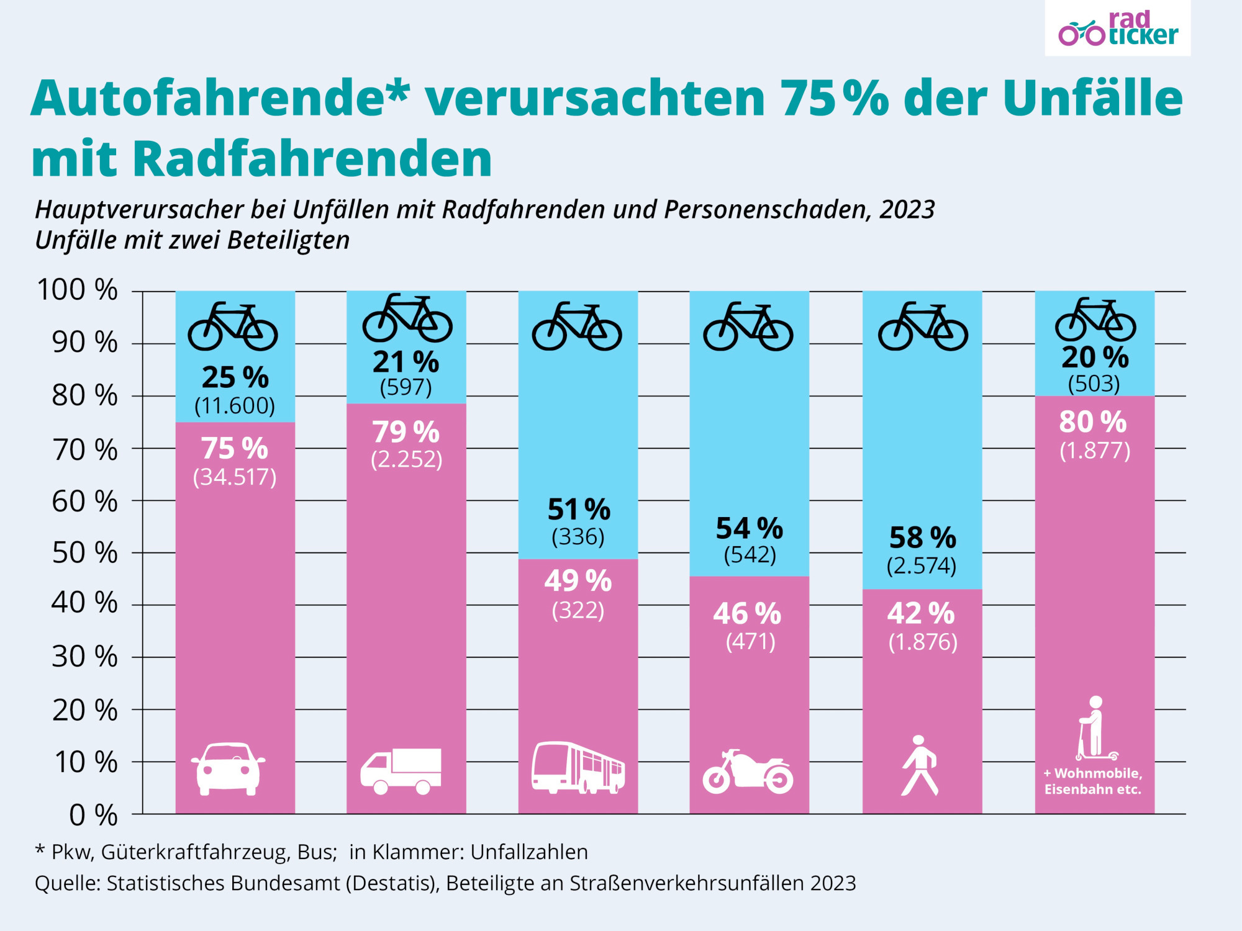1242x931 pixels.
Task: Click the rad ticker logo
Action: [1118, 29]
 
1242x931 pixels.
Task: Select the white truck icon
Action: [401, 771]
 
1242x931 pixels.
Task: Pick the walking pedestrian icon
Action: [920, 765]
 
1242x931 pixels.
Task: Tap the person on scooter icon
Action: [1095, 729]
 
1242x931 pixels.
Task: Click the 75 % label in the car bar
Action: [235, 448]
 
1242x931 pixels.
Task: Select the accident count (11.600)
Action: [235, 406]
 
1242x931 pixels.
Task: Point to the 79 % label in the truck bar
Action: [406, 432]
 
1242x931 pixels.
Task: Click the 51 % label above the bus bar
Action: [579, 510]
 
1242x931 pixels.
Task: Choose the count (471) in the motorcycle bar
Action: [751, 641]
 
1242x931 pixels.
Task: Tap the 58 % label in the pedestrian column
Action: [923, 537]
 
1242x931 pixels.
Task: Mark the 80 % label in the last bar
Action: [1093, 422]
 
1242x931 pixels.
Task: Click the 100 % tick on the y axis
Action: [78, 290]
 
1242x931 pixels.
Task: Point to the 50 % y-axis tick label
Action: [84, 552]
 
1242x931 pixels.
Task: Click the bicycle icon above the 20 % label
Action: [1095, 319]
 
